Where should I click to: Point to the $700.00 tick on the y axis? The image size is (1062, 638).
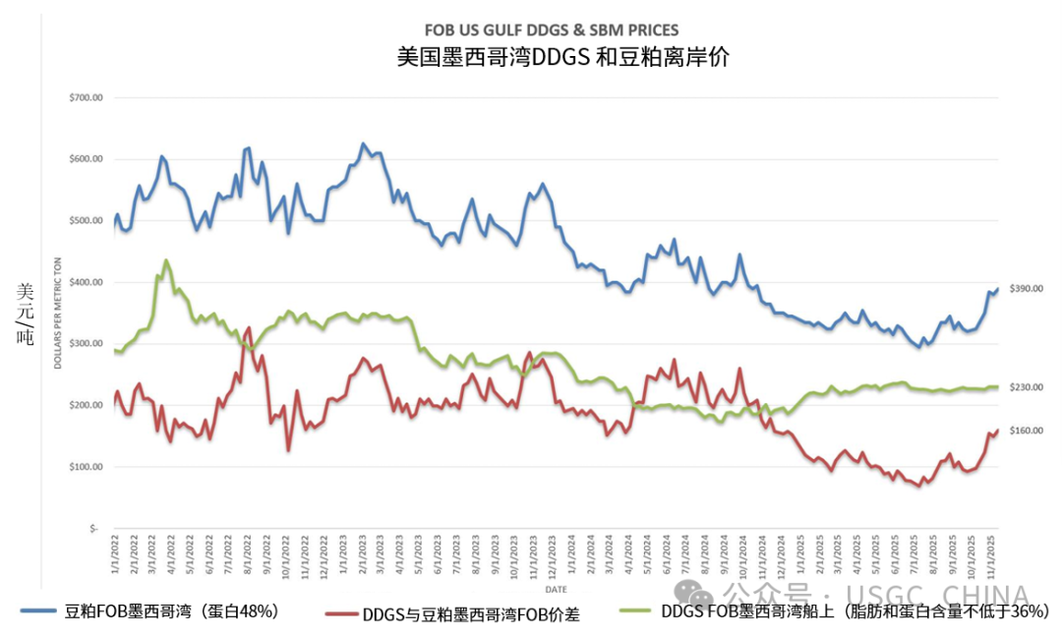point(87,98)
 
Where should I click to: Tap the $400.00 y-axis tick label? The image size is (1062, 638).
point(87,283)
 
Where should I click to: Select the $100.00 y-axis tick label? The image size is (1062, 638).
point(87,467)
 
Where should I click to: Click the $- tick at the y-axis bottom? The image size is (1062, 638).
point(94,529)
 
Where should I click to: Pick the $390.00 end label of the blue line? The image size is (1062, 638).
point(1027,288)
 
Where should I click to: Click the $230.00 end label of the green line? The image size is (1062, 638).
point(1027,387)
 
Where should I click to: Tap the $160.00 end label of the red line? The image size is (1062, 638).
point(1027,431)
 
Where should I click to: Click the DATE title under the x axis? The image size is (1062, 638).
point(556,590)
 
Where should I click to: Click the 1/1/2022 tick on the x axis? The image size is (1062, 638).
point(115,555)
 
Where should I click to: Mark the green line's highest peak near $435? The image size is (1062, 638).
point(165,261)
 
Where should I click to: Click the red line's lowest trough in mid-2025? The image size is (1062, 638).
point(918,486)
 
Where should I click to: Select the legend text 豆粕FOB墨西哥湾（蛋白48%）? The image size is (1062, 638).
point(171,612)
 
